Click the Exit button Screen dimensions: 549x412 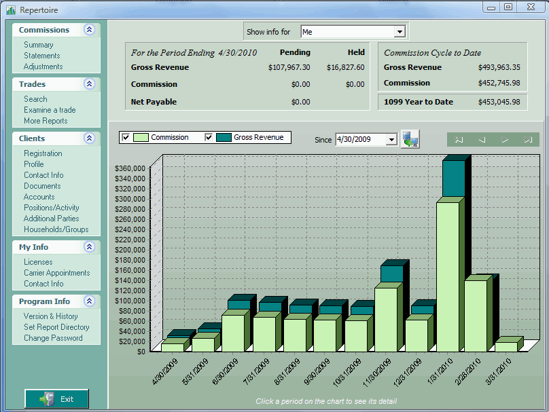pos(56,398)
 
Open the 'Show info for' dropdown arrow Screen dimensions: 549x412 pos(400,32)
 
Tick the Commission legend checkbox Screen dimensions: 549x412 pos(125,137)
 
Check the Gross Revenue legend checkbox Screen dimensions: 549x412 pos(209,137)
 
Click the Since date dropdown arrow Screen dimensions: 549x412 pos(391,140)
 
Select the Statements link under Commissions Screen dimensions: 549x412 pos(41,56)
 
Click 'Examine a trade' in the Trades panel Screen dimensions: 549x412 pos(50,110)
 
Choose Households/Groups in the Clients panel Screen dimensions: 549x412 pos(56,229)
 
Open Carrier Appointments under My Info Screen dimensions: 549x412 pos(56,273)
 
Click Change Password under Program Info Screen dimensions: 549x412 pos(53,338)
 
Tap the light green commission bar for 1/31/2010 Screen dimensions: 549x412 pos(448,277)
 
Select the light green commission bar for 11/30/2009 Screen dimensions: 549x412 pos(386,320)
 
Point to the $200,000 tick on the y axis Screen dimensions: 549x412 pos(130,250)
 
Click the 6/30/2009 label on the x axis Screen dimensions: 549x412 pos(225,371)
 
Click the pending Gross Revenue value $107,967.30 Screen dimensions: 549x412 pos(289,67)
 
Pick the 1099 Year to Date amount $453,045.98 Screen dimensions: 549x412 pos(499,102)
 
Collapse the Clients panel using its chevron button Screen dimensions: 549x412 pos(89,138)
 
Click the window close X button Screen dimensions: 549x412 pos(531,7)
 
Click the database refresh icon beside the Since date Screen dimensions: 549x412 pos(410,139)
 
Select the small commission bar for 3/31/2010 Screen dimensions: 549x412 pos(506,347)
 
